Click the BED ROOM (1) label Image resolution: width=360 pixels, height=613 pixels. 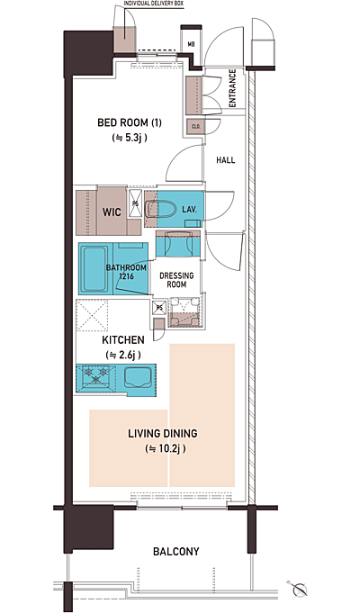click(130, 122)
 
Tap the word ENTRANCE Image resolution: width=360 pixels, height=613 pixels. click(232, 88)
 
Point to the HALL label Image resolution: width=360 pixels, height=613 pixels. click(226, 160)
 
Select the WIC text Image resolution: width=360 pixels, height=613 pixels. click(112, 212)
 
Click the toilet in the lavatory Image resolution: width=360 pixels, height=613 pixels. click(161, 209)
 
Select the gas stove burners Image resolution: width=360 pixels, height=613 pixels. click(94, 374)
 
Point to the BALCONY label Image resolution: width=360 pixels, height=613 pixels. click(175, 552)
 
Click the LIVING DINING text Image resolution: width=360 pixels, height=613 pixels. click(163, 434)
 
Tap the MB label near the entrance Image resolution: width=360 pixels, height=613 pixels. click(191, 45)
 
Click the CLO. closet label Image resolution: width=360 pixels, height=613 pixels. click(196, 127)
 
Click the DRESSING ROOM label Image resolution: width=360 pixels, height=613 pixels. click(176, 280)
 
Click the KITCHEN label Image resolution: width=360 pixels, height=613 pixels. click(123, 340)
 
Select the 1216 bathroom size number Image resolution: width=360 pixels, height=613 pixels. click(126, 276)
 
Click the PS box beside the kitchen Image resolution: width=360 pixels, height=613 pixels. click(159, 307)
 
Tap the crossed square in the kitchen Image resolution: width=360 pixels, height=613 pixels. click(92, 315)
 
